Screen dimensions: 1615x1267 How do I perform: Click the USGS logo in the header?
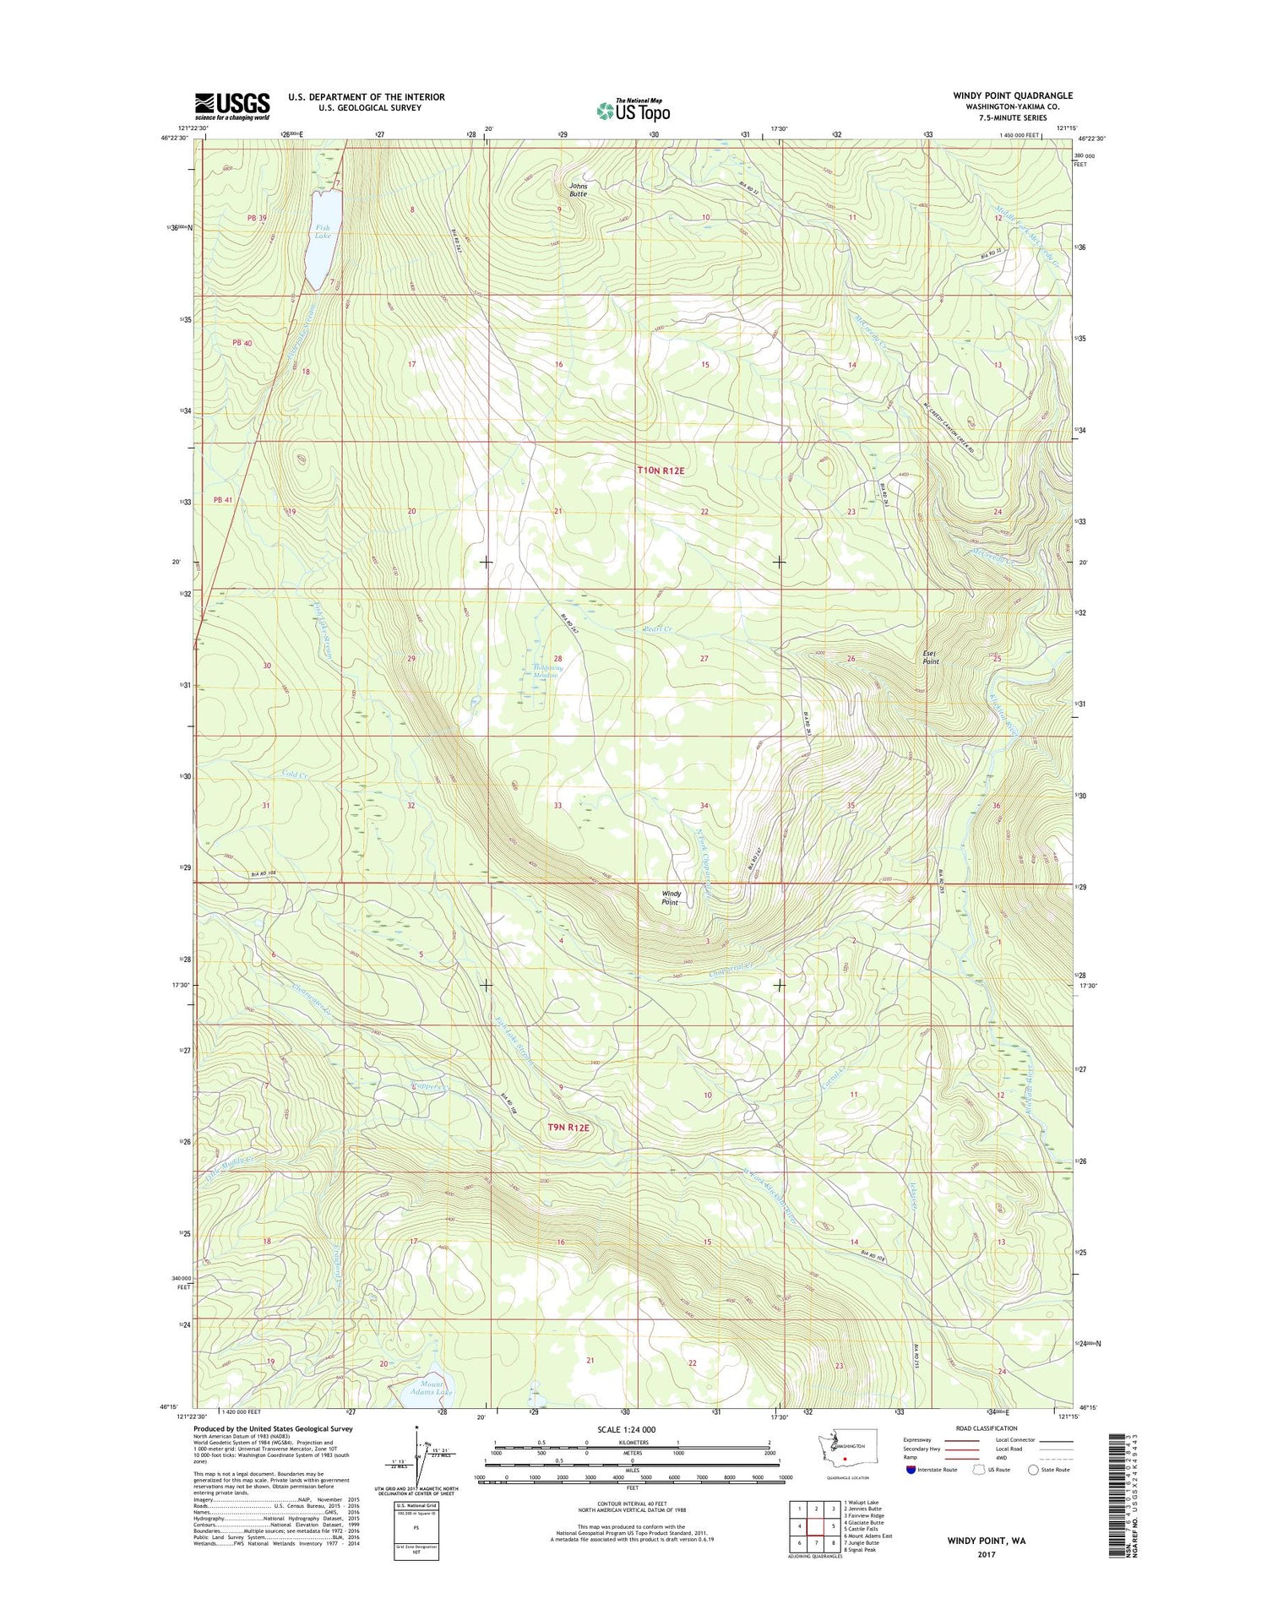[232, 106]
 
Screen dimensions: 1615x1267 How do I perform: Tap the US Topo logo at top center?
[633, 110]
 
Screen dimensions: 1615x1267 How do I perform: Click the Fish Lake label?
[323, 231]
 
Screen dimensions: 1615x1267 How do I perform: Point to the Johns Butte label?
[578, 189]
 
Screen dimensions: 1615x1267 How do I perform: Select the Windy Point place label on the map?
[671, 897]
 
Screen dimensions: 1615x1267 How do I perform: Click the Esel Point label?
[930, 657]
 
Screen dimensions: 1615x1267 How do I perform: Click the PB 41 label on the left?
[223, 500]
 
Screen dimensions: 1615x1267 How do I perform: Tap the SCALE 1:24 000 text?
[632, 1429]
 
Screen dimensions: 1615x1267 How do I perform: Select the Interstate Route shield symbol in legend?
[910, 1470]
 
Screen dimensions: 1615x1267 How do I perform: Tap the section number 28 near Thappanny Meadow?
[557, 658]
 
